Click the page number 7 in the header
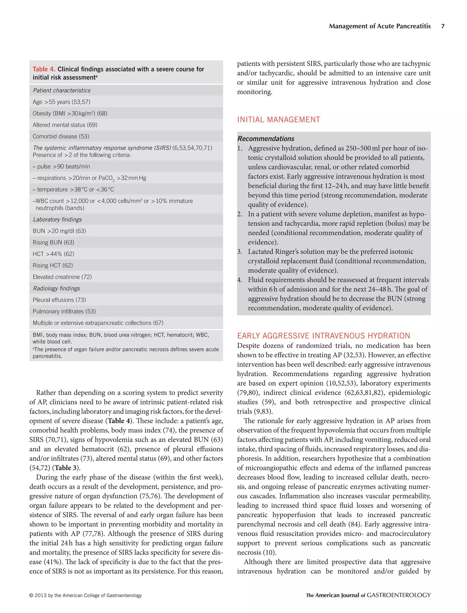coord(443,26)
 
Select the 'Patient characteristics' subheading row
coord(62,90)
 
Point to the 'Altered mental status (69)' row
coord(65,125)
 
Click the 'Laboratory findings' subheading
coord(57,220)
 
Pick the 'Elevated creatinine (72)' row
coord(62,277)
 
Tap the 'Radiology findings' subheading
coord(56,289)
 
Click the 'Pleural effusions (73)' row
coord(59,300)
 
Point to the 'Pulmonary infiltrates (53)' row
coord(64,312)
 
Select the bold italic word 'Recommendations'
coord(266,139)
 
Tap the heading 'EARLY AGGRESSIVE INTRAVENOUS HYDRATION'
coord(324,336)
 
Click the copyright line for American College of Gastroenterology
coord(86,595)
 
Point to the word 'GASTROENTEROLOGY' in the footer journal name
coord(399,595)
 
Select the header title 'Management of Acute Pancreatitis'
coord(380,26)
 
